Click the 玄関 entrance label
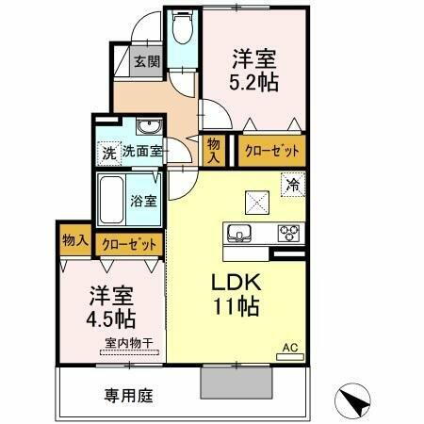(x=145, y=62)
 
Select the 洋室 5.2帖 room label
(x=254, y=72)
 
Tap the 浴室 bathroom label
(x=143, y=201)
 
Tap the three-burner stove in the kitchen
(x=287, y=233)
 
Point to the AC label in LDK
(x=293, y=348)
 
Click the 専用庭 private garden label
(x=126, y=395)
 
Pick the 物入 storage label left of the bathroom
(x=74, y=242)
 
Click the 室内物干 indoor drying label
(x=125, y=343)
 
